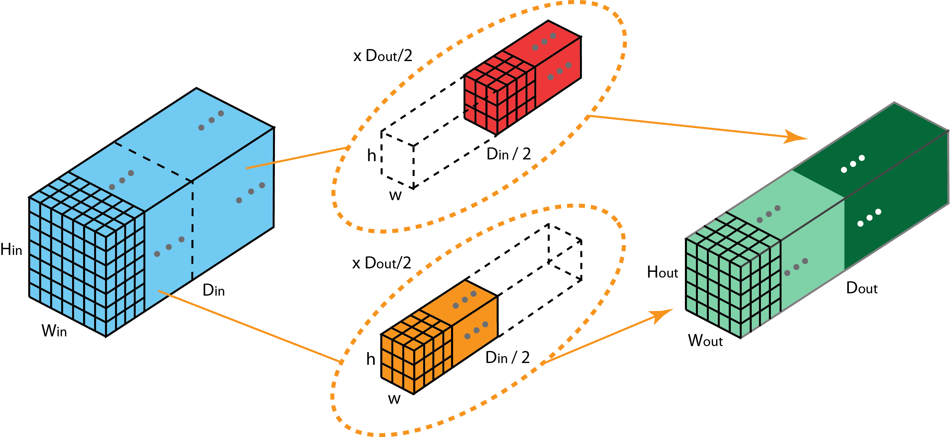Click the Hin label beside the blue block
coord(11,250)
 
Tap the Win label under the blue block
coord(54,331)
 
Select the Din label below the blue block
coord(213,290)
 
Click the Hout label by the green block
coord(662,272)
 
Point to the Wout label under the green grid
coord(705,340)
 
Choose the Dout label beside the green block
coord(861,288)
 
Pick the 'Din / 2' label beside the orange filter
coord(508,357)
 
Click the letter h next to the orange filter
coord(371,359)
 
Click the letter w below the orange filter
coord(394,399)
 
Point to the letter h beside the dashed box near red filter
coord(371,156)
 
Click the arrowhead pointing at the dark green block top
coord(797,137)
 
